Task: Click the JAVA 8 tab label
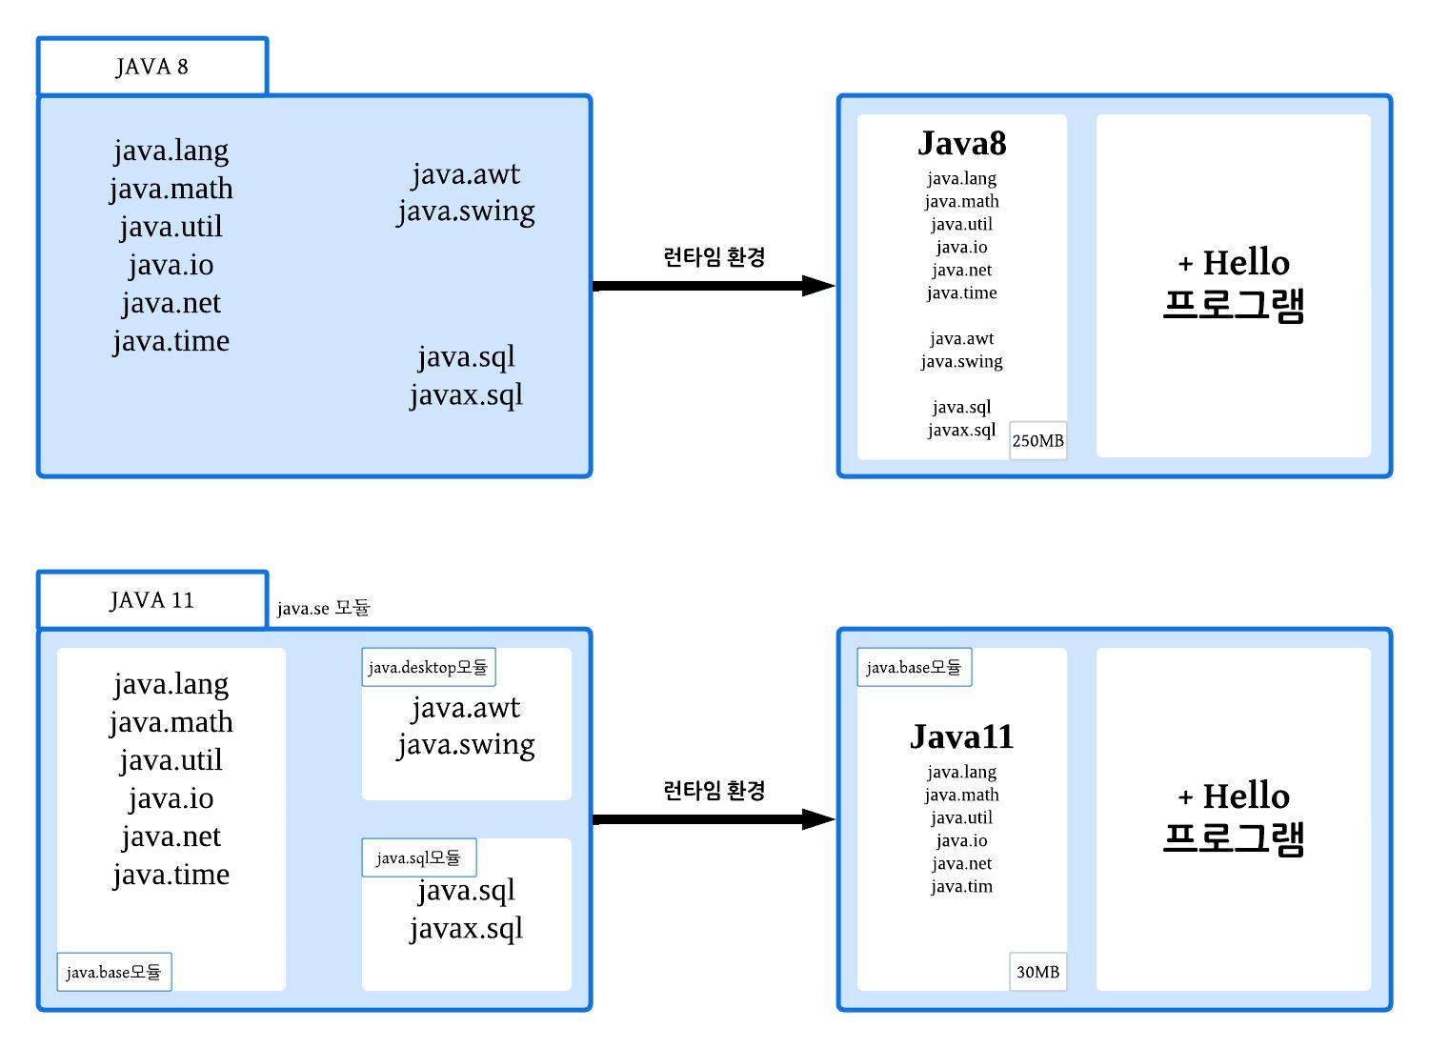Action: pyautogui.click(x=152, y=67)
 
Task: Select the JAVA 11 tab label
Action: pyautogui.click(x=152, y=600)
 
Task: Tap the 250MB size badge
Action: pyautogui.click(x=1037, y=441)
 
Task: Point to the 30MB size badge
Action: pyautogui.click(x=1037, y=972)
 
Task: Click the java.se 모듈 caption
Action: pyautogui.click(x=324, y=608)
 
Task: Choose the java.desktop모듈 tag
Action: pyautogui.click(x=429, y=667)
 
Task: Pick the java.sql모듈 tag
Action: pyautogui.click(x=418, y=857)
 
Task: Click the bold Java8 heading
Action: pyautogui.click(x=962, y=143)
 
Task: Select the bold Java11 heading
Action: pyautogui.click(x=962, y=736)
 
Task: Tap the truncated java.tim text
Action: pyautogui.click(x=962, y=886)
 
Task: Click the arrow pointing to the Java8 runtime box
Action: pyautogui.click(x=714, y=286)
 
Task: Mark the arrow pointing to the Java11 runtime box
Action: pyautogui.click(x=714, y=819)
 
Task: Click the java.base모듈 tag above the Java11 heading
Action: pyautogui.click(x=914, y=667)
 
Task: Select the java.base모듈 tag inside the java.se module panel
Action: pyautogui.click(x=114, y=972)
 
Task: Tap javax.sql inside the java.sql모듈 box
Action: pyautogui.click(x=467, y=928)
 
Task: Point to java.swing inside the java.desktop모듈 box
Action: pyautogui.click(x=467, y=744)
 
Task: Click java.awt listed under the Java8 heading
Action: pyautogui.click(x=962, y=338)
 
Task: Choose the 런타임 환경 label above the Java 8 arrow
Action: pyautogui.click(x=714, y=257)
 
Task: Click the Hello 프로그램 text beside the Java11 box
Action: pyautogui.click(x=1234, y=817)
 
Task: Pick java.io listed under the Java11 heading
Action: pyautogui.click(x=962, y=840)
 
